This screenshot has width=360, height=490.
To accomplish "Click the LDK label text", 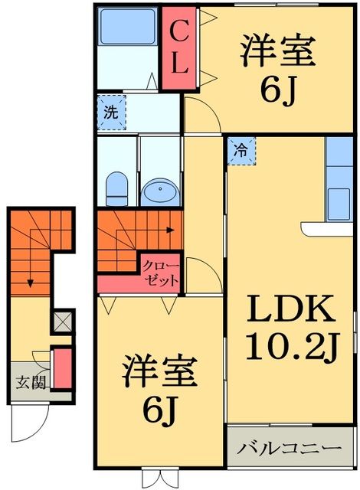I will [290, 312].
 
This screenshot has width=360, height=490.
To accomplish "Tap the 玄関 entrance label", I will [26, 381].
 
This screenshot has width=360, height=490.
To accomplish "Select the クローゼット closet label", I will [160, 273].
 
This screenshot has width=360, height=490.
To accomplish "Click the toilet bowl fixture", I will [117, 185].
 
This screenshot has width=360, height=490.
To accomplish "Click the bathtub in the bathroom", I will [127, 29].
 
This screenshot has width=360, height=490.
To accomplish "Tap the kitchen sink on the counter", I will [338, 201].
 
